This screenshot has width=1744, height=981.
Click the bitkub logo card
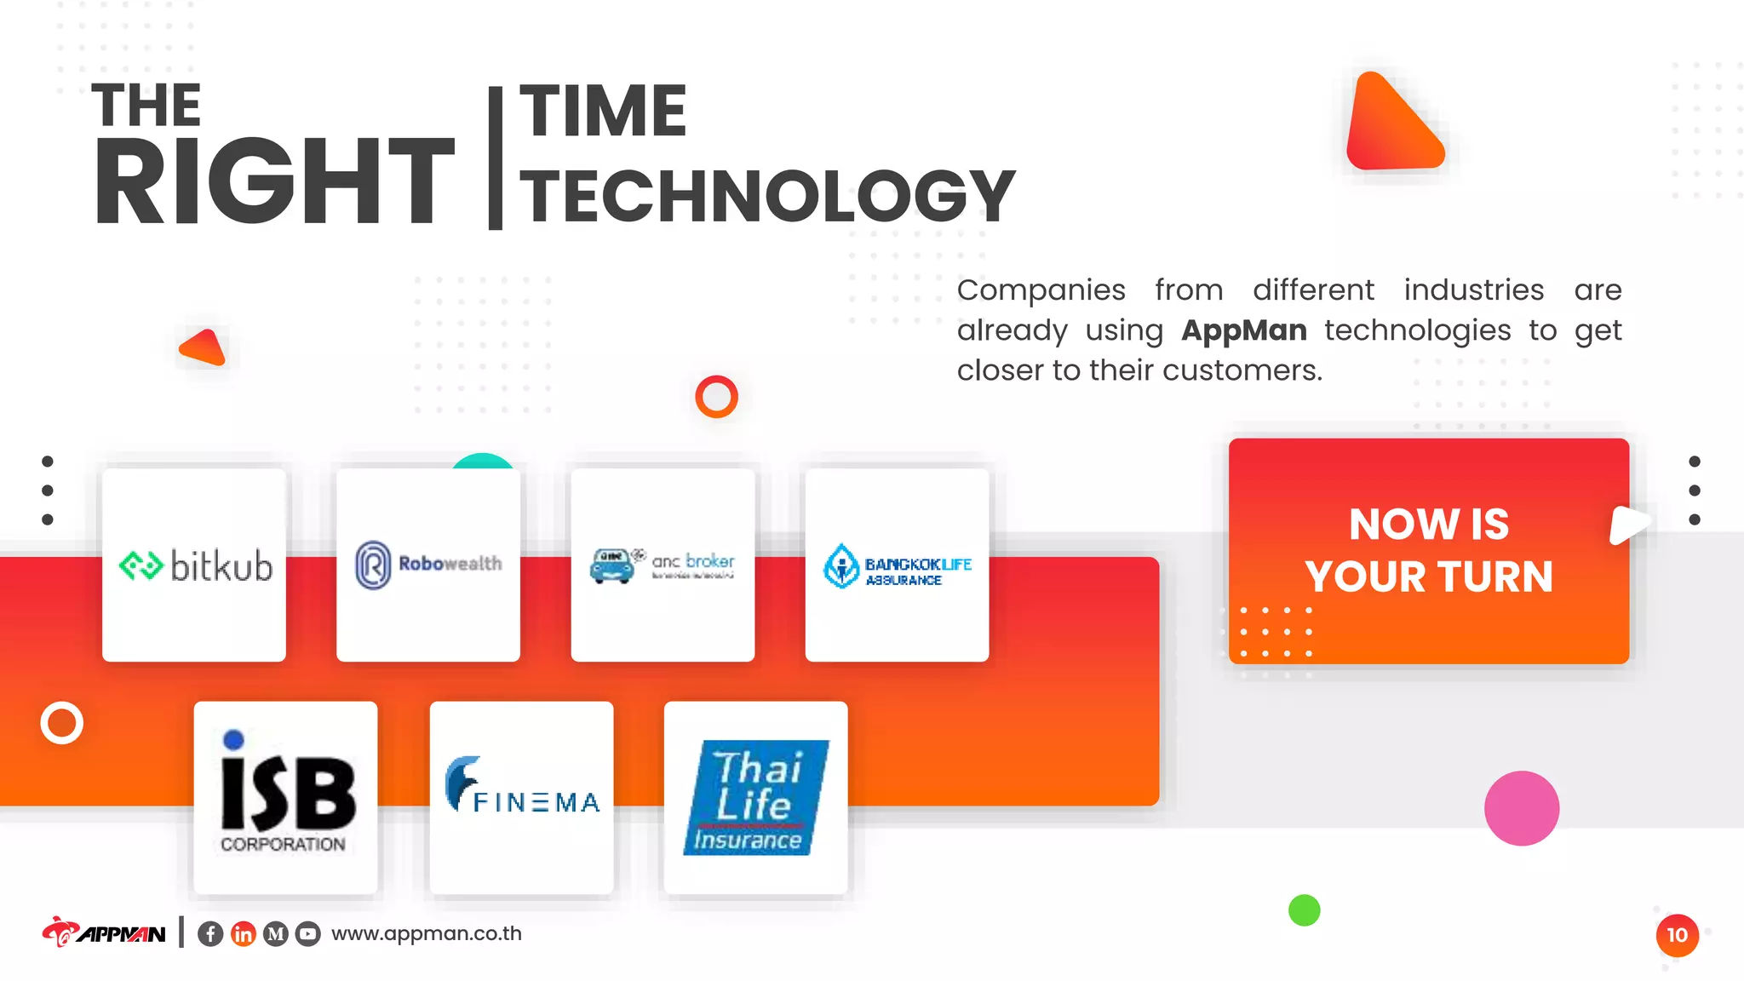pyautogui.click(x=194, y=565)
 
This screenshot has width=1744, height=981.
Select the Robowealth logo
pyautogui.click(x=428, y=565)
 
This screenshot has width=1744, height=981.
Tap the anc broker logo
pyautogui.click(x=663, y=565)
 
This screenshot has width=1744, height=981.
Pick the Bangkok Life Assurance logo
pyautogui.click(x=897, y=566)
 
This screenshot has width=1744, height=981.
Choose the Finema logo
pyautogui.click(x=521, y=788)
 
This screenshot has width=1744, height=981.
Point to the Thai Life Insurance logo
pyautogui.click(x=755, y=798)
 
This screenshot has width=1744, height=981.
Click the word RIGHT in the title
pyautogui.click(x=274, y=182)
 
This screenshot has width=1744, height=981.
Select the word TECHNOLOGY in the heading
pyautogui.click(x=766, y=196)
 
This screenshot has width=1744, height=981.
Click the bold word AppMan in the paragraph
pyautogui.click(x=1243, y=330)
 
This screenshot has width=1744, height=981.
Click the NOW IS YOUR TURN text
pyautogui.click(x=1428, y=550)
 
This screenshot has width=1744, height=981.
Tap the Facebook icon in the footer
pyautogui.click(x=210, y=934)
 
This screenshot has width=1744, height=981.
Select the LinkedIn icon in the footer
pyautogui.click(x=243, y=934)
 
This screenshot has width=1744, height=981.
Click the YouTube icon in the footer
pyautogui.click(x=307, y=934)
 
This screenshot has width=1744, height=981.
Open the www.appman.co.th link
pyautogui.click(x=426, y=933)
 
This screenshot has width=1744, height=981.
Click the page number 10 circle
pyautogui.click(x=1677, y=935)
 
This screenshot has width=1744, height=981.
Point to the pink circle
pyautogui.click(x=1521, y=808)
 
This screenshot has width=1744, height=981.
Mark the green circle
pyautogui.click(x=1304, y=910)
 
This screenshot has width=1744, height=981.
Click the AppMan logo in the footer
pyautogui.click(x=104, y=933)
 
